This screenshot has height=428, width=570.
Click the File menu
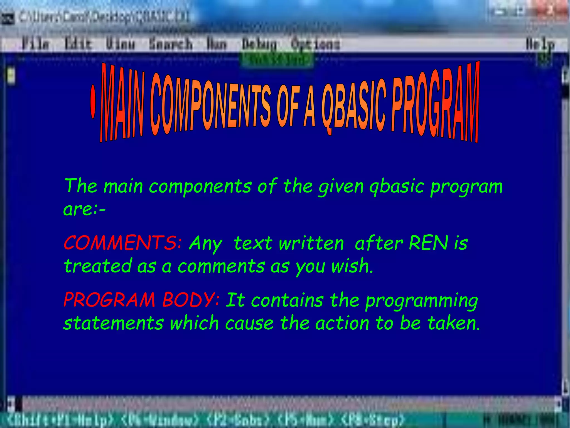36,44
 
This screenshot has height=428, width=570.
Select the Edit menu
78,44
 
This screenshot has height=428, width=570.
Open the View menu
120,44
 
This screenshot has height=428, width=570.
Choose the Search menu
170,44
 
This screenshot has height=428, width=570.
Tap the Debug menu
259,44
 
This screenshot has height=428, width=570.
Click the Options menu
315,44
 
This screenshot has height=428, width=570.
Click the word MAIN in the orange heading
122,104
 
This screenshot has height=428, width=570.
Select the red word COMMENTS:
123,243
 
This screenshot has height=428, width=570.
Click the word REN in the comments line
428,243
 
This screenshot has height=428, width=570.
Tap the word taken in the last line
454,323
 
